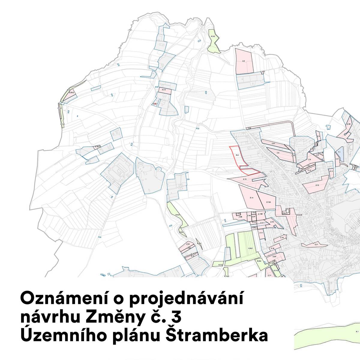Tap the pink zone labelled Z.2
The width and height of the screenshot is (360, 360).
click(244, 61)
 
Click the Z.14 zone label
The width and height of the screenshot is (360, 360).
click(251, 198)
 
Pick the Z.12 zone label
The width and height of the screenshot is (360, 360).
click(317, 185)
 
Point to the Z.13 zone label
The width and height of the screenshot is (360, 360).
click(245, 179)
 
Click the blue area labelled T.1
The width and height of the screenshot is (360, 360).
click(339, 152)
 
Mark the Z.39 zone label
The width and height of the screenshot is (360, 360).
click(349, 124)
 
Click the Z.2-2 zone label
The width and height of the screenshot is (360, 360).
click(164, 90)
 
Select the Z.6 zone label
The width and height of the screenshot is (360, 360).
click(278, 153)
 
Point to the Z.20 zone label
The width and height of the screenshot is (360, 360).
click(274, 257)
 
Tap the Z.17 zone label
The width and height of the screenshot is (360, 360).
click(261, 233)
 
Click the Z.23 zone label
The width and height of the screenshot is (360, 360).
click(188, 244)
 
